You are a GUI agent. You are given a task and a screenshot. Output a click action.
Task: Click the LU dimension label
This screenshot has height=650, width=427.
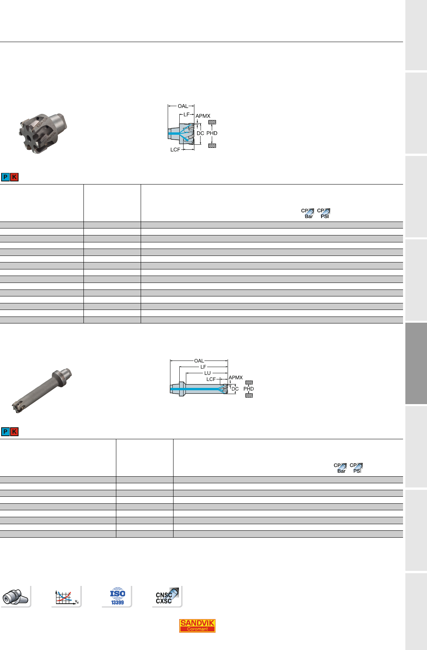208,373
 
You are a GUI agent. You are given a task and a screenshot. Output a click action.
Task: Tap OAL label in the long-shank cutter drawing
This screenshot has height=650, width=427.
199,361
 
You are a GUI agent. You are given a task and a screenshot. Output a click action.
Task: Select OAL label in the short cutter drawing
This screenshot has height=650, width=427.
183,106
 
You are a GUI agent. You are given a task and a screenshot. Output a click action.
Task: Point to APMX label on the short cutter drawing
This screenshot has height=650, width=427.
203,116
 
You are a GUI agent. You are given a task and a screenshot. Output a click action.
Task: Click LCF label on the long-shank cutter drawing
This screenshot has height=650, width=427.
211,379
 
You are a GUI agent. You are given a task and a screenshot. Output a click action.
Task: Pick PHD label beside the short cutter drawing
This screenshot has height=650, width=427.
212,133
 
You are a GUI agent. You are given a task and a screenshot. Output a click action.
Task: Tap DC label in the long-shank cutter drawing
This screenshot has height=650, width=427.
235,389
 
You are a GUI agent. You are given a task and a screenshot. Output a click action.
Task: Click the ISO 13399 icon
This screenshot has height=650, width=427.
117,596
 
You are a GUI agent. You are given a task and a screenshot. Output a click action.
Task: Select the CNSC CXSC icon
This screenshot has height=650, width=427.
167,596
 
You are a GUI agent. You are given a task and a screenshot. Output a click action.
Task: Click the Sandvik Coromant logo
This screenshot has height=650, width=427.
197,626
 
